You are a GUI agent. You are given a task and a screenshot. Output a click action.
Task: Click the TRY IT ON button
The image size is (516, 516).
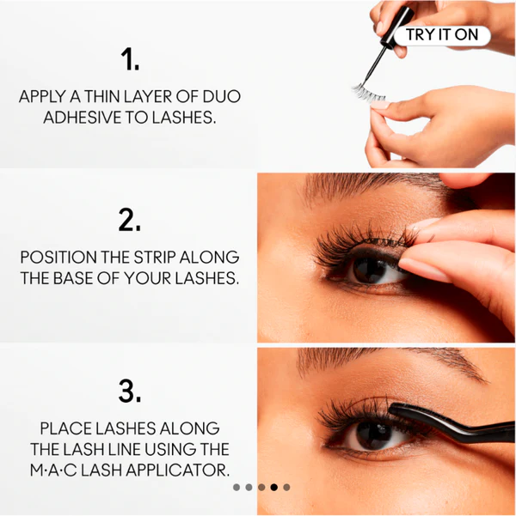click(x=442, y=35)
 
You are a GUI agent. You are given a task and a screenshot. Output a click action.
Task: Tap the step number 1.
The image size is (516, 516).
click(x=130, y=59)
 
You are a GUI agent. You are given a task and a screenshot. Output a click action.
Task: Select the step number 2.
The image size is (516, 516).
click(x=130, y=220)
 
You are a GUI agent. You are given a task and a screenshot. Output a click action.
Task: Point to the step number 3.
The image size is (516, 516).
click(x=130, y=391)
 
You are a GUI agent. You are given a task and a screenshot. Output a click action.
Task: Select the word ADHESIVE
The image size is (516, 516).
click(x=83, y=118)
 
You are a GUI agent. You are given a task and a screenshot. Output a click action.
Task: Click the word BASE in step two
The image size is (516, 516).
click(x=73, y=278)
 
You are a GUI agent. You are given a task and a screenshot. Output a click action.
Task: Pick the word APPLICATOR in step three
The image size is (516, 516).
click(x=178, y=470)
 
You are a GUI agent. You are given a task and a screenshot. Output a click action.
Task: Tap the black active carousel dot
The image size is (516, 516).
click(x=274, y=488)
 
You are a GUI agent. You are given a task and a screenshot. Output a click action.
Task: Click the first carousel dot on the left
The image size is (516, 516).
click(x=236, y=488)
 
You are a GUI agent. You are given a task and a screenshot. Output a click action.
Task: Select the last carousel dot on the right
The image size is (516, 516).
click(x=286, y=488)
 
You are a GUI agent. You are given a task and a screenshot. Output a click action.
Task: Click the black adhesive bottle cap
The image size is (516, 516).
click(x=397, y=26)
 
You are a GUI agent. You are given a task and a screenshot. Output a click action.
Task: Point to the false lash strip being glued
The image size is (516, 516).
click(x=368, y=93)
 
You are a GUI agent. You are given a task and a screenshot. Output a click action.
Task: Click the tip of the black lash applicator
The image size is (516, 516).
click(x=391, y=409)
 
